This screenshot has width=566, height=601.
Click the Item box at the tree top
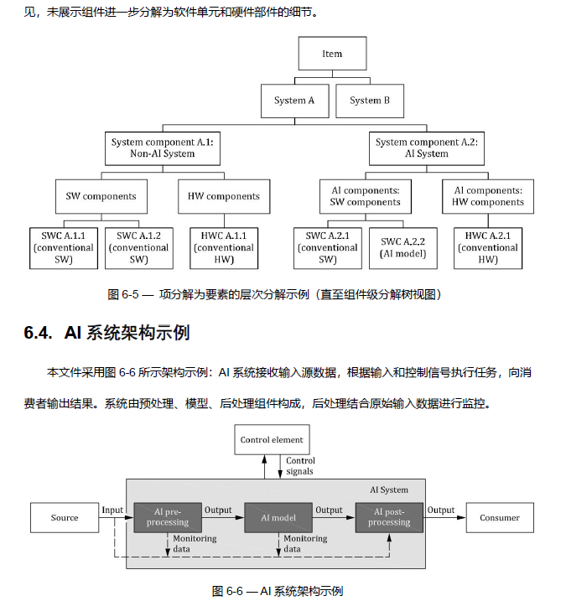[332, 54]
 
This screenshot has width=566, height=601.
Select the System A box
[294, 101]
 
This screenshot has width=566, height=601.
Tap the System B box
[370, 101]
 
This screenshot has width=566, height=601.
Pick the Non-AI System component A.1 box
[163, 148]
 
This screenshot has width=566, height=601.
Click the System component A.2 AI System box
[427, 148]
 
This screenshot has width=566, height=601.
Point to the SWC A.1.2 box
[139, 248]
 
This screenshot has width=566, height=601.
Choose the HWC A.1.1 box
[224, 248]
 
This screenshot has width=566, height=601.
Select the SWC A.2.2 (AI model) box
[403, 248]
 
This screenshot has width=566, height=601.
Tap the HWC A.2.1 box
[488, 248]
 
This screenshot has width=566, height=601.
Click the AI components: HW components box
[488, 196]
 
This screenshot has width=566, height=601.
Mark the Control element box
[272, 439]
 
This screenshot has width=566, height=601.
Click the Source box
[65, 518]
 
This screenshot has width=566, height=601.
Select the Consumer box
[500, 518]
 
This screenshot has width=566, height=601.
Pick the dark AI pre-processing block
[168, 517]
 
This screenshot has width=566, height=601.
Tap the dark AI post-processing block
[389, 517]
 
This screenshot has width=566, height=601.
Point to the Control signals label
[300, 466]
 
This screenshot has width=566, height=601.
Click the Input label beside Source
[112, 510]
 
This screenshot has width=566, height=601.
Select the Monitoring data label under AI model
[305, 543]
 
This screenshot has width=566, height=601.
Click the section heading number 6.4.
[38, 332]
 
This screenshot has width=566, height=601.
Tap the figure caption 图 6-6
[227, 591]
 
